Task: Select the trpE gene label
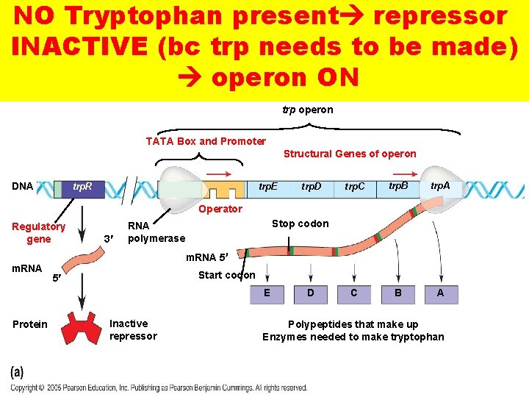pos(268,187)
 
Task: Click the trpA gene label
pos(440,186)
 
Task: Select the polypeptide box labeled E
pos(267,293)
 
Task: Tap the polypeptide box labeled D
pos(311,293)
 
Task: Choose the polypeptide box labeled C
pos(354,293)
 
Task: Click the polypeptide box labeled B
pos(397,293)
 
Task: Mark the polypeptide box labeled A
pos(441,293)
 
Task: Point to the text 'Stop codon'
pos(300,223)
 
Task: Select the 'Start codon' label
pos(227,275)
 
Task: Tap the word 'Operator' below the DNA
pos(220,209)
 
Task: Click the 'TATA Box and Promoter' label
pos(206,141)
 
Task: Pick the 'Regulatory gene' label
pos(39,232)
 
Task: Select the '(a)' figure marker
pos(17,373)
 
